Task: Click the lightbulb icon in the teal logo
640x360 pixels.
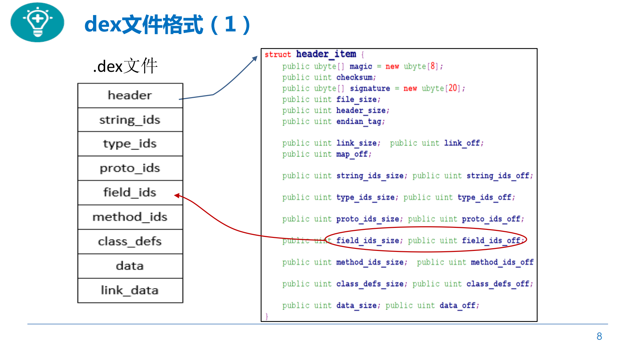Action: point(37,22)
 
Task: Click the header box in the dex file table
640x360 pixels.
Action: point(130,95)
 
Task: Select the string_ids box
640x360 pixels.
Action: point(130,120)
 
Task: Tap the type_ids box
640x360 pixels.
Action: point(130,144)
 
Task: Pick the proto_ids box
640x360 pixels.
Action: point(130,168)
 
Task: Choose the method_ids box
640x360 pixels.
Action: point(130,217)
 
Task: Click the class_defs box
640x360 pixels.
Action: point(130,242)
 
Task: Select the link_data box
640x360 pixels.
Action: point(130,291)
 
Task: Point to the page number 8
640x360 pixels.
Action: point(599,336)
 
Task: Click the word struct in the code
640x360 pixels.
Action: point(277,54)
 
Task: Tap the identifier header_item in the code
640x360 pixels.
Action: point(326,54)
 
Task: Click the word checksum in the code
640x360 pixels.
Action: point(354,77)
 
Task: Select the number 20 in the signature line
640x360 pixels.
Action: point(453,88)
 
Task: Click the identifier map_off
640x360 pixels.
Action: point(352,154)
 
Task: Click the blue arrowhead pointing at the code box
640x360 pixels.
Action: point(255,58)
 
